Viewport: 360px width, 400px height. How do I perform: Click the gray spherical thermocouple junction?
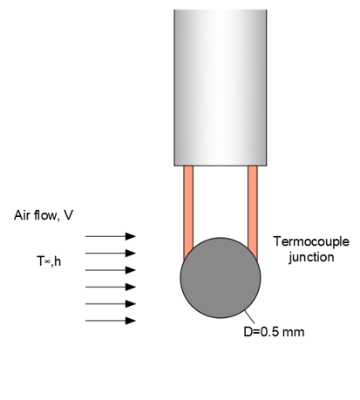pyautogui.click(x=221, y=278)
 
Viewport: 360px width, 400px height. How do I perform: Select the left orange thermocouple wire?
pyautogui.click(x=188, y=209)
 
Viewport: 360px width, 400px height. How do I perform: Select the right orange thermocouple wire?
pyautogui.click(x=253, y=209)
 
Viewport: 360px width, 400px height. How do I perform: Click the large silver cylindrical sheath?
pyautogui.click(x=221, y=88)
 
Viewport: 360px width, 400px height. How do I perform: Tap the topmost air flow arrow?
pyautogui.click(x=111, y=236)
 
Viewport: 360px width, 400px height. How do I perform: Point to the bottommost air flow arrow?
pyautogui.click(x=111, y=321)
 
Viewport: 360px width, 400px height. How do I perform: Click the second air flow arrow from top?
pyautogui.click(x=111, y=254)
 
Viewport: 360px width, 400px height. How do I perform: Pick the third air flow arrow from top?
pyautogui.click(x=111, y=270)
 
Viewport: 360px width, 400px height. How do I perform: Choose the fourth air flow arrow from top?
pyautogui.click(x=111, y=287)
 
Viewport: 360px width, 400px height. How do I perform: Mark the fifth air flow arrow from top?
pyautogui.click(x=111, y=304)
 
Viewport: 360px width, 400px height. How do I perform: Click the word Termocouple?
pyautogui.click(x=311, y=242)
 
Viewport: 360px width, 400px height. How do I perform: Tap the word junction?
pyautogui.click(x=311, y=257)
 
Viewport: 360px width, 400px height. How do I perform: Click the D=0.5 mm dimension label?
pyautogui.click(x=274, y=332)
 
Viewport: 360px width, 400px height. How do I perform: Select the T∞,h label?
pyautogui.click(x=49, y=261)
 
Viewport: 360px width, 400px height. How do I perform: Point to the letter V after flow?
pyautogui.click(x=68, y=215)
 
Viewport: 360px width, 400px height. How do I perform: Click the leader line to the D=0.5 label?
pyautogui.click(x=249, y=317)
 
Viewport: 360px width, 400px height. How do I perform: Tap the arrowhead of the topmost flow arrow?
pyautogui.click(x=131, y=236)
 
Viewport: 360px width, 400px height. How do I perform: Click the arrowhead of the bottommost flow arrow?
pyautogui.click(x=131, y=321)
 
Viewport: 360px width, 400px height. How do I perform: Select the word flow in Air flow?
pyautogui.click(x=46, y=215)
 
